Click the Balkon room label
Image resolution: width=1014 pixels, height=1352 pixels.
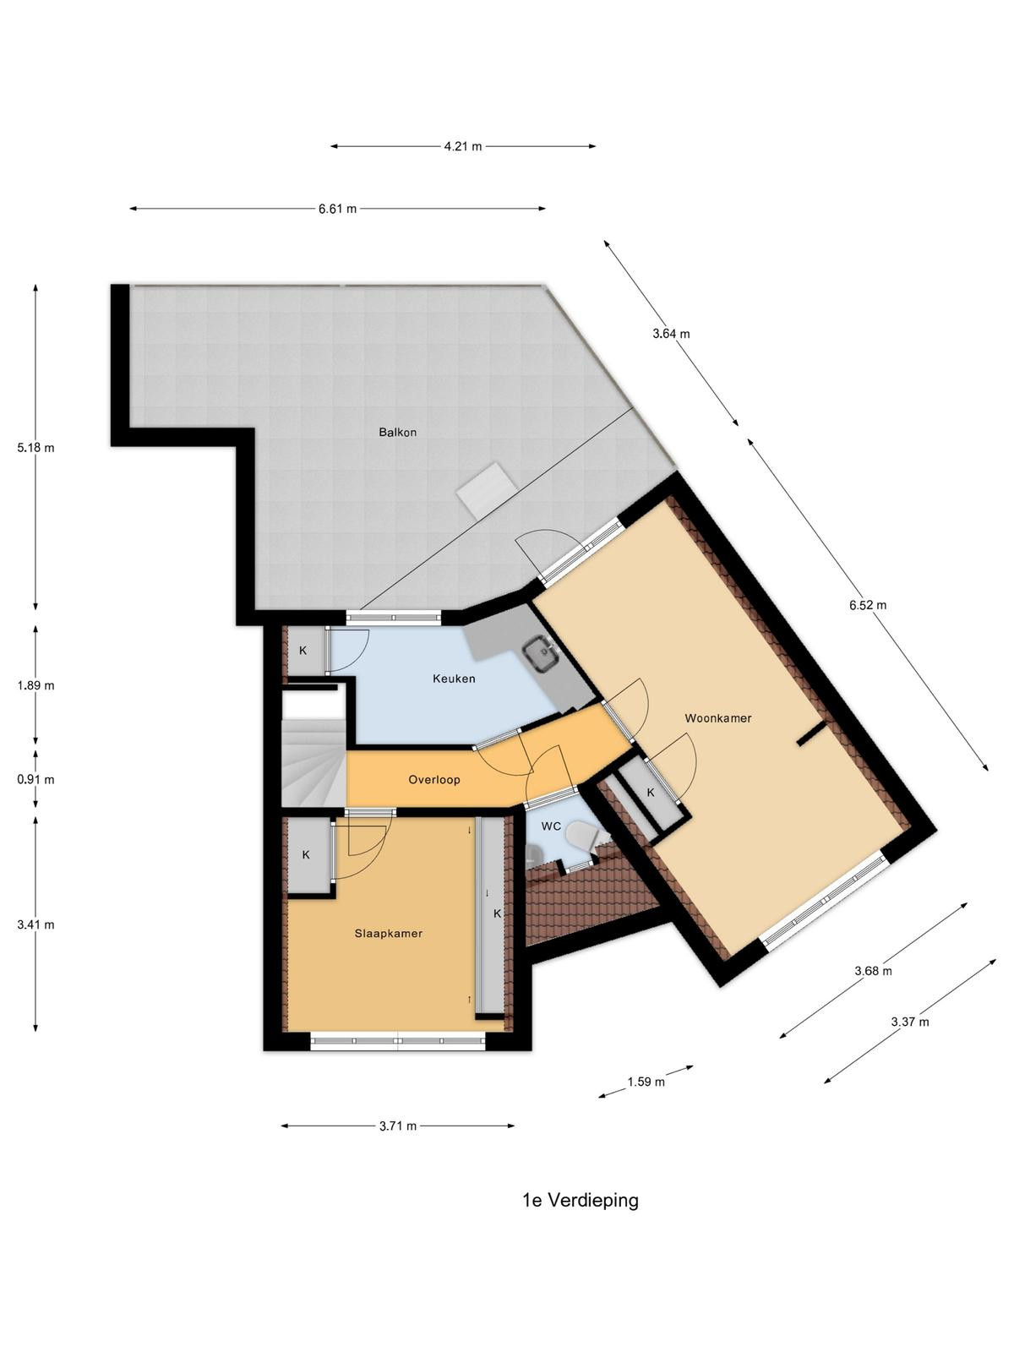[397, 433]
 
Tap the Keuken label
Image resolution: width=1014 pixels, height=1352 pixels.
[454, 679]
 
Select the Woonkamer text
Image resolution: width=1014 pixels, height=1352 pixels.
[718, 718]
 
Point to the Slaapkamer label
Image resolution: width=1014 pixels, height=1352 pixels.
[389, 933]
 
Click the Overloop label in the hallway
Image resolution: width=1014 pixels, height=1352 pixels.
[434, 780]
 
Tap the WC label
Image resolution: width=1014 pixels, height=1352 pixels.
[551, 826]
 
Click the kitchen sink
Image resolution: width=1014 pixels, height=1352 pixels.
[541, 656]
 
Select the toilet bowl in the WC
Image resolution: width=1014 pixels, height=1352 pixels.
[581, 836]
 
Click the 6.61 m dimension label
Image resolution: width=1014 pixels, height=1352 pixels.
[337, 208]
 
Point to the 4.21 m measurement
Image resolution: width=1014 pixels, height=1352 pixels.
[463, 146]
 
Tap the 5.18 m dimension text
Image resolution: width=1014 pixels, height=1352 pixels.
[35, 448]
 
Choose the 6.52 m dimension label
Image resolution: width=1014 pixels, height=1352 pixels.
[868, 605]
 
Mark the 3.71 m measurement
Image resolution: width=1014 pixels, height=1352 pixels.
[398, 1126]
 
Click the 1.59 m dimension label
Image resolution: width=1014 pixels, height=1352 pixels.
[646, 1082]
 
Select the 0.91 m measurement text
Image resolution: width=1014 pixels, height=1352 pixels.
[35, 780]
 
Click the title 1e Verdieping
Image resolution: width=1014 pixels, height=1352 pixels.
[581, 1200]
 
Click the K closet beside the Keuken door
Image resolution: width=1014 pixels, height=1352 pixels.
[303, 651]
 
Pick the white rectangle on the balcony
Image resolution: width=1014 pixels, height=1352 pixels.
[487, 489]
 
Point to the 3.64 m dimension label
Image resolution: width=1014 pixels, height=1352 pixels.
[671, 334]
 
